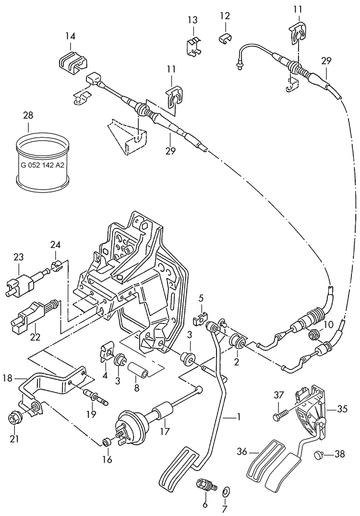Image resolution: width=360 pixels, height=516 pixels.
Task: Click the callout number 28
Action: click(x=28, y=116)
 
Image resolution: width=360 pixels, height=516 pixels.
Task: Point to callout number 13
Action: click(x=192, y=20)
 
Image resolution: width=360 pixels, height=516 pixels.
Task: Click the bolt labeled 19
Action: click(x=96, y=396)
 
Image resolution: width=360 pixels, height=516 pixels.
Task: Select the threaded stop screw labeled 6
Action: click(x=204, y=484)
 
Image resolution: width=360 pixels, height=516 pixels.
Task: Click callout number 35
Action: click(x=342, y=409)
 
